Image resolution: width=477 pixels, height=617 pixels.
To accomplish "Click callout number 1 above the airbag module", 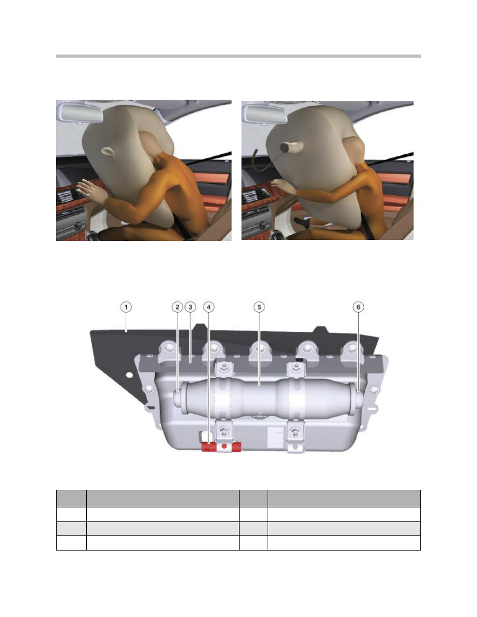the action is click(x=126, y=307).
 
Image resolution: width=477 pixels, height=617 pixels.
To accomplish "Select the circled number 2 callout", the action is click(x=178, y=307).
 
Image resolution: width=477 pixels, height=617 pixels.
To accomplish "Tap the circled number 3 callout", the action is click(x=190, y=307).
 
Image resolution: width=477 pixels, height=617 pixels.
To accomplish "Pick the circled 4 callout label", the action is click(x=208, y=307).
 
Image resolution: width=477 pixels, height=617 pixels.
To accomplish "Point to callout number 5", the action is click(x=259, y=307).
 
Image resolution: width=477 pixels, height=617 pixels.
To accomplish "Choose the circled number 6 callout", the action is click(x=358, y=307).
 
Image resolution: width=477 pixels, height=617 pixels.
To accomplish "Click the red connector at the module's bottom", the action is click(x=221, y=447).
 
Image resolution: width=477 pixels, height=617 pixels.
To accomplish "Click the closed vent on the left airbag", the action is click(x=107, y=151).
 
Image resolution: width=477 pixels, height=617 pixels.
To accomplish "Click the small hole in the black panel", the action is click(x=129, y=375).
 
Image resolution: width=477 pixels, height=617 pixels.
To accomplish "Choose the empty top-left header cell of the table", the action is click(x=71, y=499).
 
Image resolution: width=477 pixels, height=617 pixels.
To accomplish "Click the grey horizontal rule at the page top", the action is click(x=239, y=56).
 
